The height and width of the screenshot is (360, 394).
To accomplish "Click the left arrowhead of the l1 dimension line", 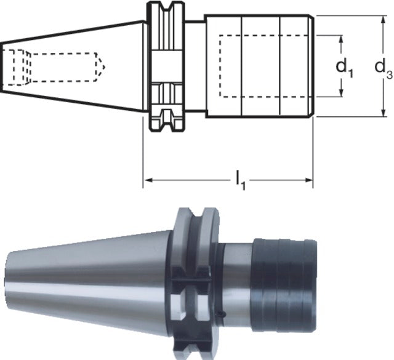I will (x=148, y=181).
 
